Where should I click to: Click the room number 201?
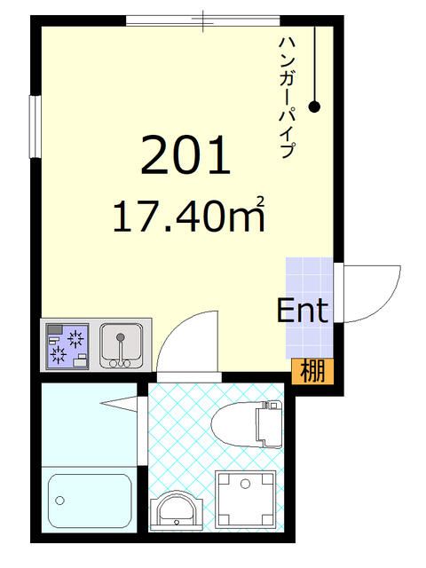[x=185, y=155]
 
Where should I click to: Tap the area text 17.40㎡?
[x=188, y=217]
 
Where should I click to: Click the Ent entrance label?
[x=303, y=311]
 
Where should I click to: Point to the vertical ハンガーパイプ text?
[x=286, y=98]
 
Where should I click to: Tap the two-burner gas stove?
[x=67, y=346]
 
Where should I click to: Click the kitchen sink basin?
[x=120, y=342]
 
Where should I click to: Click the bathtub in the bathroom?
[x=89, y=502]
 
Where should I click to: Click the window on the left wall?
[x=35, y=126]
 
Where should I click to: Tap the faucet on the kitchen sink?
[x=120, y=360]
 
